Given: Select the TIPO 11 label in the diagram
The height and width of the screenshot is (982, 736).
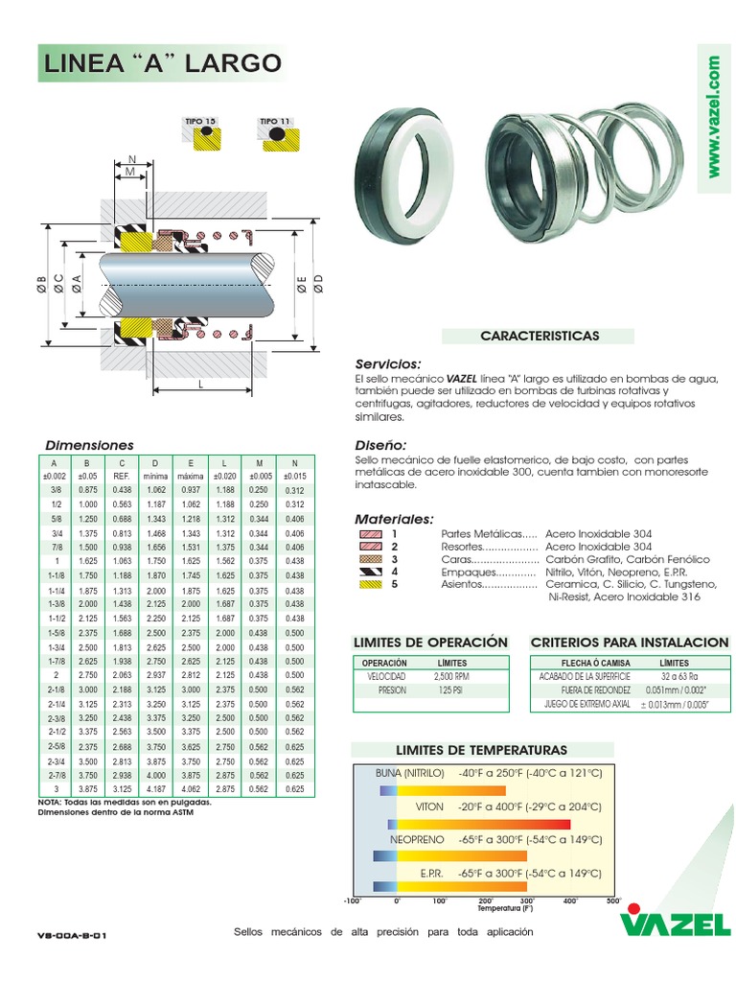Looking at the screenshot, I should tap(274, 121).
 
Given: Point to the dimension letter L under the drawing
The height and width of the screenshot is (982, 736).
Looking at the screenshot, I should tap(201, 383).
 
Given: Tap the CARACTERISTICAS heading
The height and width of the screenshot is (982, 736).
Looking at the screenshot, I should tap(539, 336).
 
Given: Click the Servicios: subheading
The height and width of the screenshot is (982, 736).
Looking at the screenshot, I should tap(388, 364).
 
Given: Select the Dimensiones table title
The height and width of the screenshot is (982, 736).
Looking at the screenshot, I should tap(90, 445).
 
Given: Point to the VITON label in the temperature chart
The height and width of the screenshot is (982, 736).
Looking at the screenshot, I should tap(429, 807).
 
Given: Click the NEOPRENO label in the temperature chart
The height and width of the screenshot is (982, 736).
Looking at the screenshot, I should tap(417, 839).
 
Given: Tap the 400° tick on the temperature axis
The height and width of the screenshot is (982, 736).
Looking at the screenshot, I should tap(569, 901).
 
